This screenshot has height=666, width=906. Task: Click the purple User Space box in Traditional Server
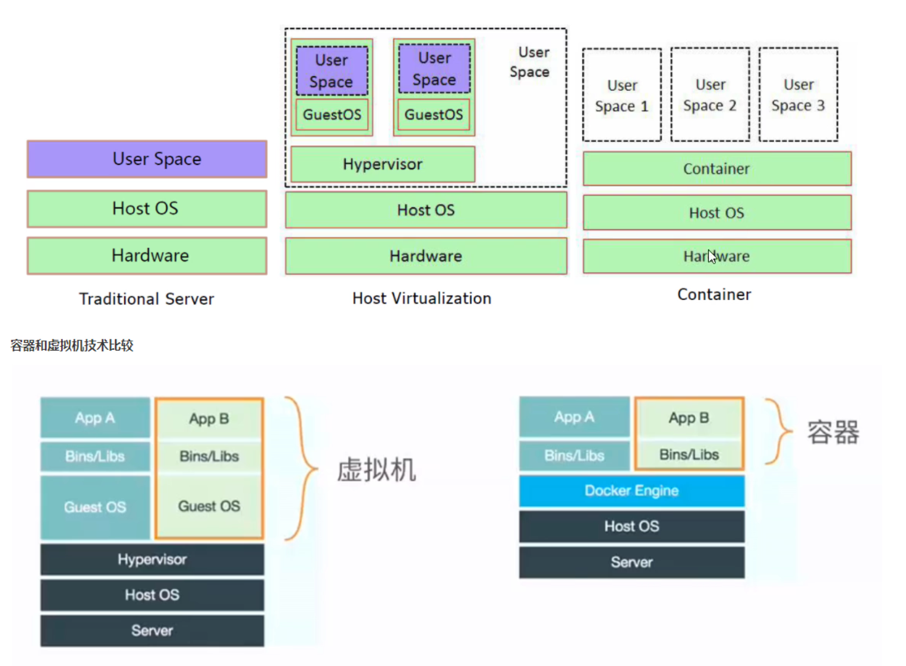click(147, 159)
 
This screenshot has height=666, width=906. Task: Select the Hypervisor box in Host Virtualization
click(383, 164)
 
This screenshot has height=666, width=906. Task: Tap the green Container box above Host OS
click(716, 169)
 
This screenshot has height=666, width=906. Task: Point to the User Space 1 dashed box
click(621, 95)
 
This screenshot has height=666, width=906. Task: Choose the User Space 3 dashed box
click(798, 95)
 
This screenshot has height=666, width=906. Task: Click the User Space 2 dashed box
click(710, 95)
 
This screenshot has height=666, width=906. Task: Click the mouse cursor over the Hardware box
click(712, 256)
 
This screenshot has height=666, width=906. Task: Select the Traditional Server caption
click(146, 299)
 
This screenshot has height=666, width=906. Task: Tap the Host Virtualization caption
click(422, 298)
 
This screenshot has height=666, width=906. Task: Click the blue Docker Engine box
click(632, 491)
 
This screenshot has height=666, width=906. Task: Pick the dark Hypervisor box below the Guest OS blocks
click(152, 560)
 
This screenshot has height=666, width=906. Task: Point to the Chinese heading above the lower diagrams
click(72, 345)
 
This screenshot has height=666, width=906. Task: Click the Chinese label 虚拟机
click(377, 470)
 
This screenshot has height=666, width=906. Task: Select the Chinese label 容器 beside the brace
click(833, 432)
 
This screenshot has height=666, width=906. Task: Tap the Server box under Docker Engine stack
click(632, 562)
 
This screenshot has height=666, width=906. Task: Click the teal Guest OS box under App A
click(95, 507)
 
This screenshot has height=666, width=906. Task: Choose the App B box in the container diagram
click(689, 418)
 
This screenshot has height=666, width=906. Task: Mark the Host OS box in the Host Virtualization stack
click(425, 210)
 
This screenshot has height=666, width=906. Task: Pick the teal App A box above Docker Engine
click(574, 417)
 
